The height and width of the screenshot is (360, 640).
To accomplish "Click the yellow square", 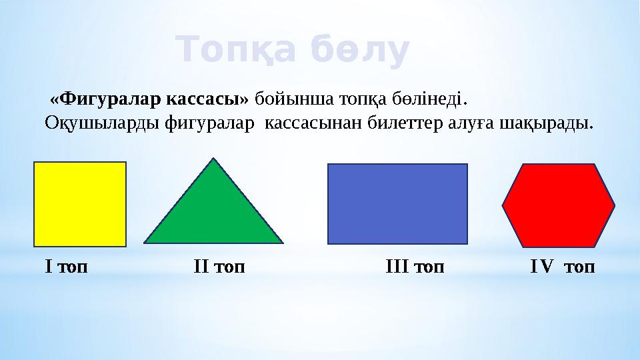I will click(80, 204).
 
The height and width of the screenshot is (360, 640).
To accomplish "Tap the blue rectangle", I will click(397, 203).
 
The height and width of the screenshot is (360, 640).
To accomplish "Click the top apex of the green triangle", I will click(213, 159).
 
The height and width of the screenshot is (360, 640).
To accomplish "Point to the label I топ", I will click(66, 267).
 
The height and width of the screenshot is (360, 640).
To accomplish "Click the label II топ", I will click(219, 267).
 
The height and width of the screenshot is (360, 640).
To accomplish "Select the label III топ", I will click(415, 267).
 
